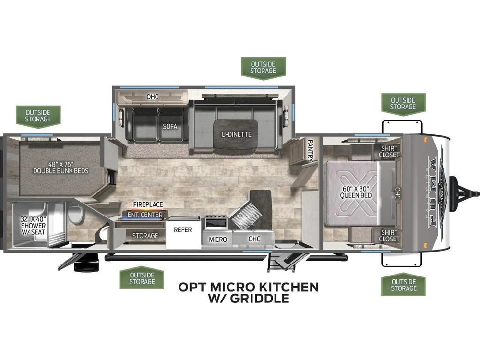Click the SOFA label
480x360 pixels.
coord(170,126)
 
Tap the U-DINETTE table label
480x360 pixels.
coord(236,134)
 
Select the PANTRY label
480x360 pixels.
coord(310,150)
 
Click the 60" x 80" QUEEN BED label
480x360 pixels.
coord(356,192)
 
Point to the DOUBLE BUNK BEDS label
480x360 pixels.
coord(60,171)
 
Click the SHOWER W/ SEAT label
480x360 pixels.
coord(34,226)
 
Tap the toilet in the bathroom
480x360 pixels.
coord(75,214)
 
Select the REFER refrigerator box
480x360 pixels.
coord(183,233)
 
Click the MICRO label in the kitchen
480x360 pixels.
coord(217,240)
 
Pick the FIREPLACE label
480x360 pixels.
coord(148,204)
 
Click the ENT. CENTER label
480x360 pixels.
coord(145,215)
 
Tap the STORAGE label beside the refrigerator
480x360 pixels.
coord(145,235)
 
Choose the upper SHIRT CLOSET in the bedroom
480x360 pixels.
coord(389,152)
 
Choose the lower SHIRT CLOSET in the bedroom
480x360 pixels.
coord(389,236)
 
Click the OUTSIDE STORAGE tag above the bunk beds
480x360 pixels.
coord(38,116)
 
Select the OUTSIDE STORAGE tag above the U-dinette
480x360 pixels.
coord(263,68)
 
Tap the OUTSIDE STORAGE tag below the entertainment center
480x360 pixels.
coord(142,278)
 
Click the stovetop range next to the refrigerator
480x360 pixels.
coord(216,222)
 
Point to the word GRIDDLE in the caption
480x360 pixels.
coord(260,298)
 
